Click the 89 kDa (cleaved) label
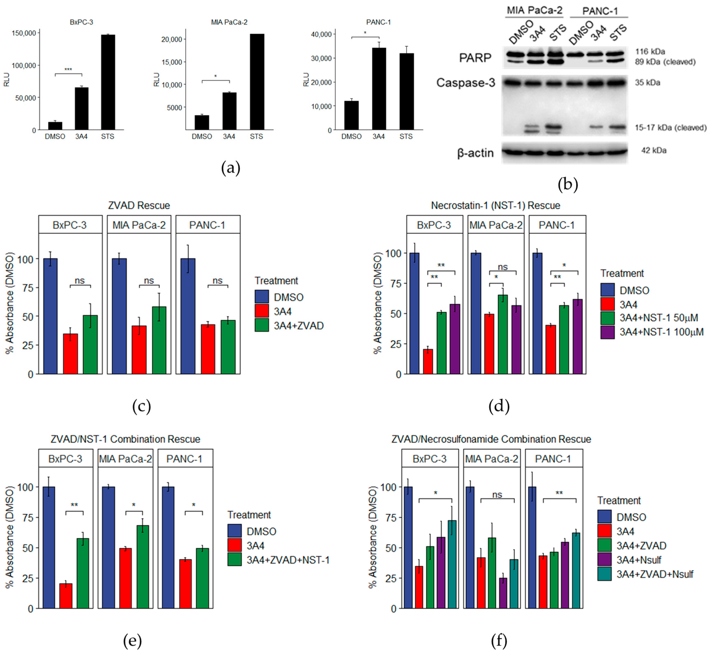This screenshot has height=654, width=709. pos(665,62)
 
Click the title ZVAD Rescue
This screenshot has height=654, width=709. pos(139,205)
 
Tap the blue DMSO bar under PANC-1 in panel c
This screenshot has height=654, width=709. pos(188,316)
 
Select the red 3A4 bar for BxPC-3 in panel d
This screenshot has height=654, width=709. pos(428,361)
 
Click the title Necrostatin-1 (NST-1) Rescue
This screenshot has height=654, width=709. pos(496,205)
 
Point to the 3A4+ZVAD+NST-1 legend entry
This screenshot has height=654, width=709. pos(288,560)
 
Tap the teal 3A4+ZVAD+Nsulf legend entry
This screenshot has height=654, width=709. pos(654,574)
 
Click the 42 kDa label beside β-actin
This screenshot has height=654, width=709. pos(653,150)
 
